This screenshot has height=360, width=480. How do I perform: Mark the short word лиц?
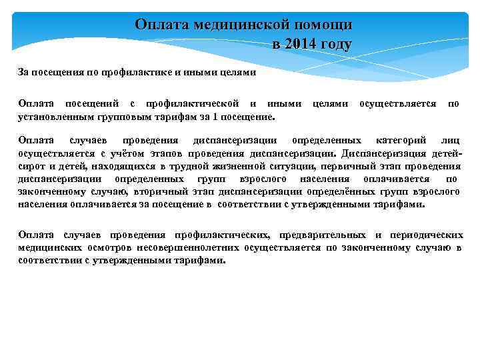pos(451,141)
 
